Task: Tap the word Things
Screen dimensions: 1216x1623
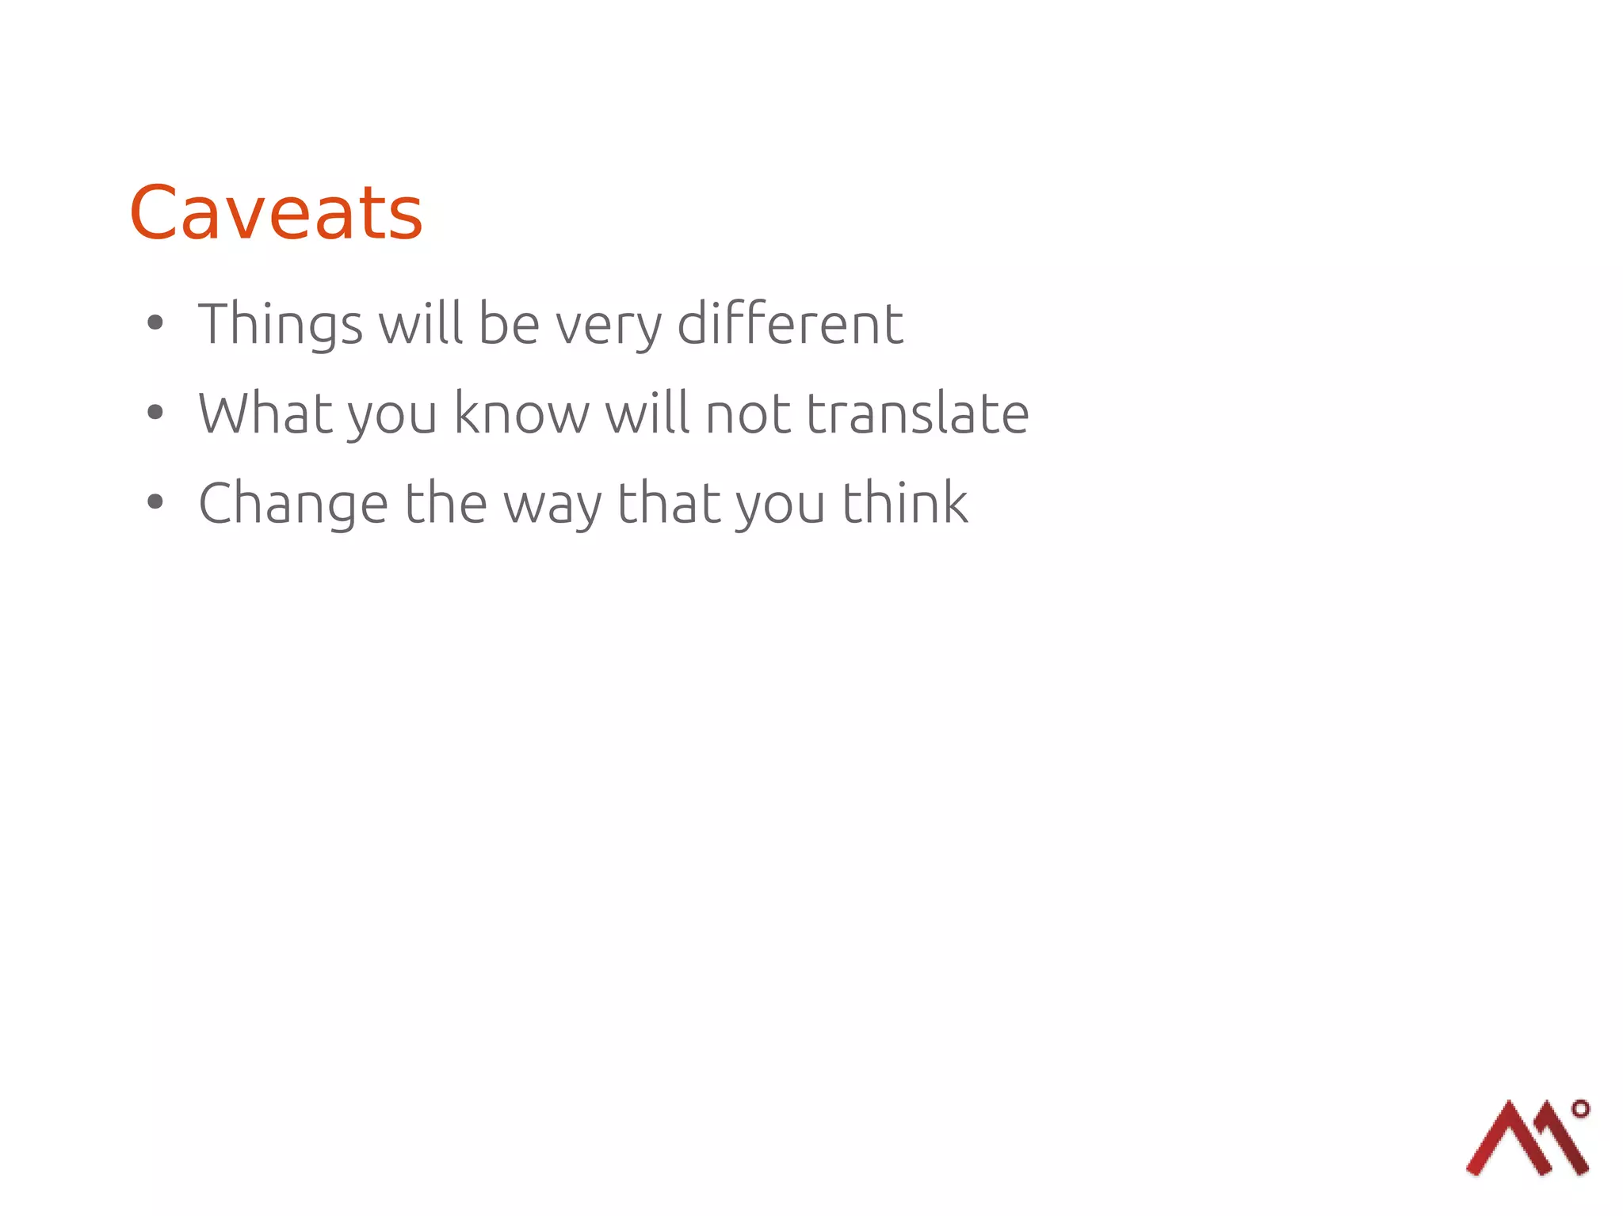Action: pos(281,324)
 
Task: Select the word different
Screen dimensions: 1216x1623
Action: pos(790,324)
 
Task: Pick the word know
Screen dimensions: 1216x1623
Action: pos(521,414)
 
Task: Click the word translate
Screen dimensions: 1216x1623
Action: pos(918,414)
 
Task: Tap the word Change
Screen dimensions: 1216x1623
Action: pos(293,504)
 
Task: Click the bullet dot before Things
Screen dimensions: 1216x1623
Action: pos(155,322)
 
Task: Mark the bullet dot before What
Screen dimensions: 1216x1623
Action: pos(155,412)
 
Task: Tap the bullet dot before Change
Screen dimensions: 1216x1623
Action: pos(155,501)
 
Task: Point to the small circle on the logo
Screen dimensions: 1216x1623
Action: pos(1580,1109)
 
